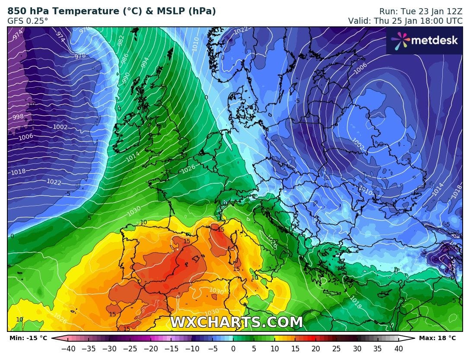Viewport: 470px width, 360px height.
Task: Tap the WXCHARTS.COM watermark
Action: [x=236, y=322]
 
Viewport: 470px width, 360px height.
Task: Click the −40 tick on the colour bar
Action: [x=67, y=348]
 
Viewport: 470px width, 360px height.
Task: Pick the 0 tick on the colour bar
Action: [x=233, y=348]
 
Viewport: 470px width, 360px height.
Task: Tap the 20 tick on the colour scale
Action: [x=316, y=348]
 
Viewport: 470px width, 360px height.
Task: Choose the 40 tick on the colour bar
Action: [x=398, y=348]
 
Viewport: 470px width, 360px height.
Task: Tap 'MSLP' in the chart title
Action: [x=168, y=11]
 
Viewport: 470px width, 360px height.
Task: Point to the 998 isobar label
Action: [x=18, y=117]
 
